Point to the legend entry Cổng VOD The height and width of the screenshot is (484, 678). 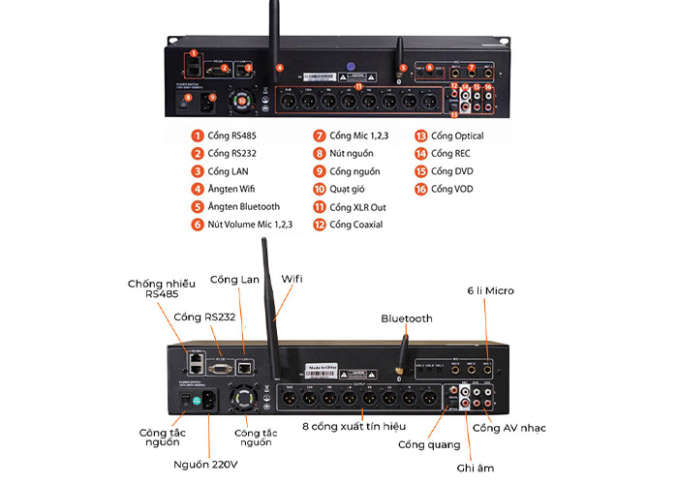pos(451,189)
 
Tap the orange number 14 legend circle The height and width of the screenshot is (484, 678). pos(420,154)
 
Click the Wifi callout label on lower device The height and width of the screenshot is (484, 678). pos(293,279)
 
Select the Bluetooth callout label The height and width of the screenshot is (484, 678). pos(406,318)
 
